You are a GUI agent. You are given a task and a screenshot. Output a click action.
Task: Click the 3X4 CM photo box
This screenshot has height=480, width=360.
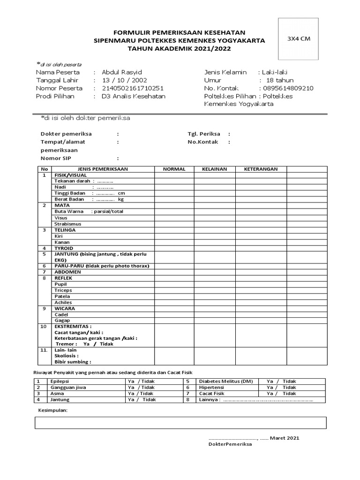click(298, 39)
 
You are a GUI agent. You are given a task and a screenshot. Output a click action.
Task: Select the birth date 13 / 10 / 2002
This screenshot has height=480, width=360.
click(121, 80)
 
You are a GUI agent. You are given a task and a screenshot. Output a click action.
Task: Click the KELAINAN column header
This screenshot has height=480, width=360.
click(214, 169)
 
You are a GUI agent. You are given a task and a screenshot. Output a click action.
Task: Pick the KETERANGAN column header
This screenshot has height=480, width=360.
click(261, 169)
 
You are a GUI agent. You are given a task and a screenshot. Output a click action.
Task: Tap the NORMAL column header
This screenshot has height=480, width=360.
click(174, 169)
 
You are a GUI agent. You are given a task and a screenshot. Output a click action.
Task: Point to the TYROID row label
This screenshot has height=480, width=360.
click(64, 248)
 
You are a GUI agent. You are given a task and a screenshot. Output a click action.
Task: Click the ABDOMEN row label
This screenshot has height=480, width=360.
click(67, 272)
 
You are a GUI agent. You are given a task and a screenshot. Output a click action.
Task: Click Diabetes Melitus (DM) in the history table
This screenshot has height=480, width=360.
click(226, 381)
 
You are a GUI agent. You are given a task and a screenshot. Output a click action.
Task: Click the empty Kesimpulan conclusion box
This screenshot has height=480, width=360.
click(180, 422)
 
